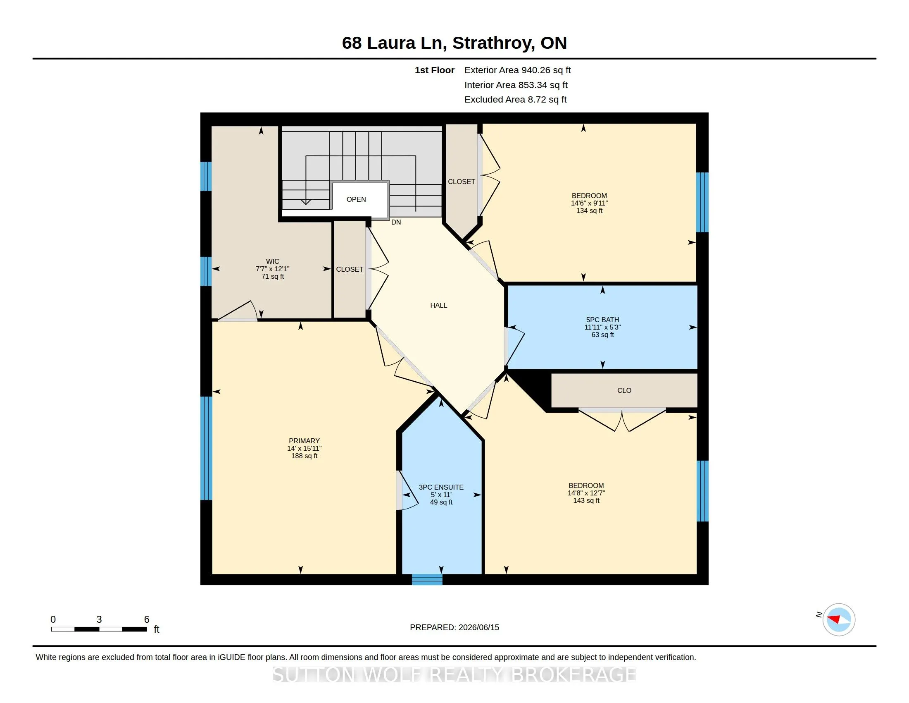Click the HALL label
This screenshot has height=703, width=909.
pos(439,305)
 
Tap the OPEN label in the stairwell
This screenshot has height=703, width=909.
pos(356,199)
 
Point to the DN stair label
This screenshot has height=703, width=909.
pos(396,222)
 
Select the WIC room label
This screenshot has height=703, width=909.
pos(273,261)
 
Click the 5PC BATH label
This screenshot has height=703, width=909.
pos(603,320)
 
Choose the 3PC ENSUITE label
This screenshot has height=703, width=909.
pos(441,487)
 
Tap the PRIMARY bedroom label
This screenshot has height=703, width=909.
pos(304,441)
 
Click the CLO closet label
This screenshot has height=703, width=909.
pos(624,391)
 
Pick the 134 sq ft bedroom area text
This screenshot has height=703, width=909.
pos(589,211)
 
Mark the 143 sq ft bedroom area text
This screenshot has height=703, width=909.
pos(586,501)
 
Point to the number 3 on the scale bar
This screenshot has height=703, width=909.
pos(99,619)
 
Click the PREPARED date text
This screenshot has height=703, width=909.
pos(454,628)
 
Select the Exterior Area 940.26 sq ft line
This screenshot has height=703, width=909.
pos(518,70)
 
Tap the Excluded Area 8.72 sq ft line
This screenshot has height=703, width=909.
pos(516,100)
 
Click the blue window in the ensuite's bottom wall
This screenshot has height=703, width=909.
pos(427,579)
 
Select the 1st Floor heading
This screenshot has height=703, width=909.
pos(435,70)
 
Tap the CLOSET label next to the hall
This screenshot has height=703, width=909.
pos(350,270)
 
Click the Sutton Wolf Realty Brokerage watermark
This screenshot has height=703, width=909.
pos(454,675)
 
